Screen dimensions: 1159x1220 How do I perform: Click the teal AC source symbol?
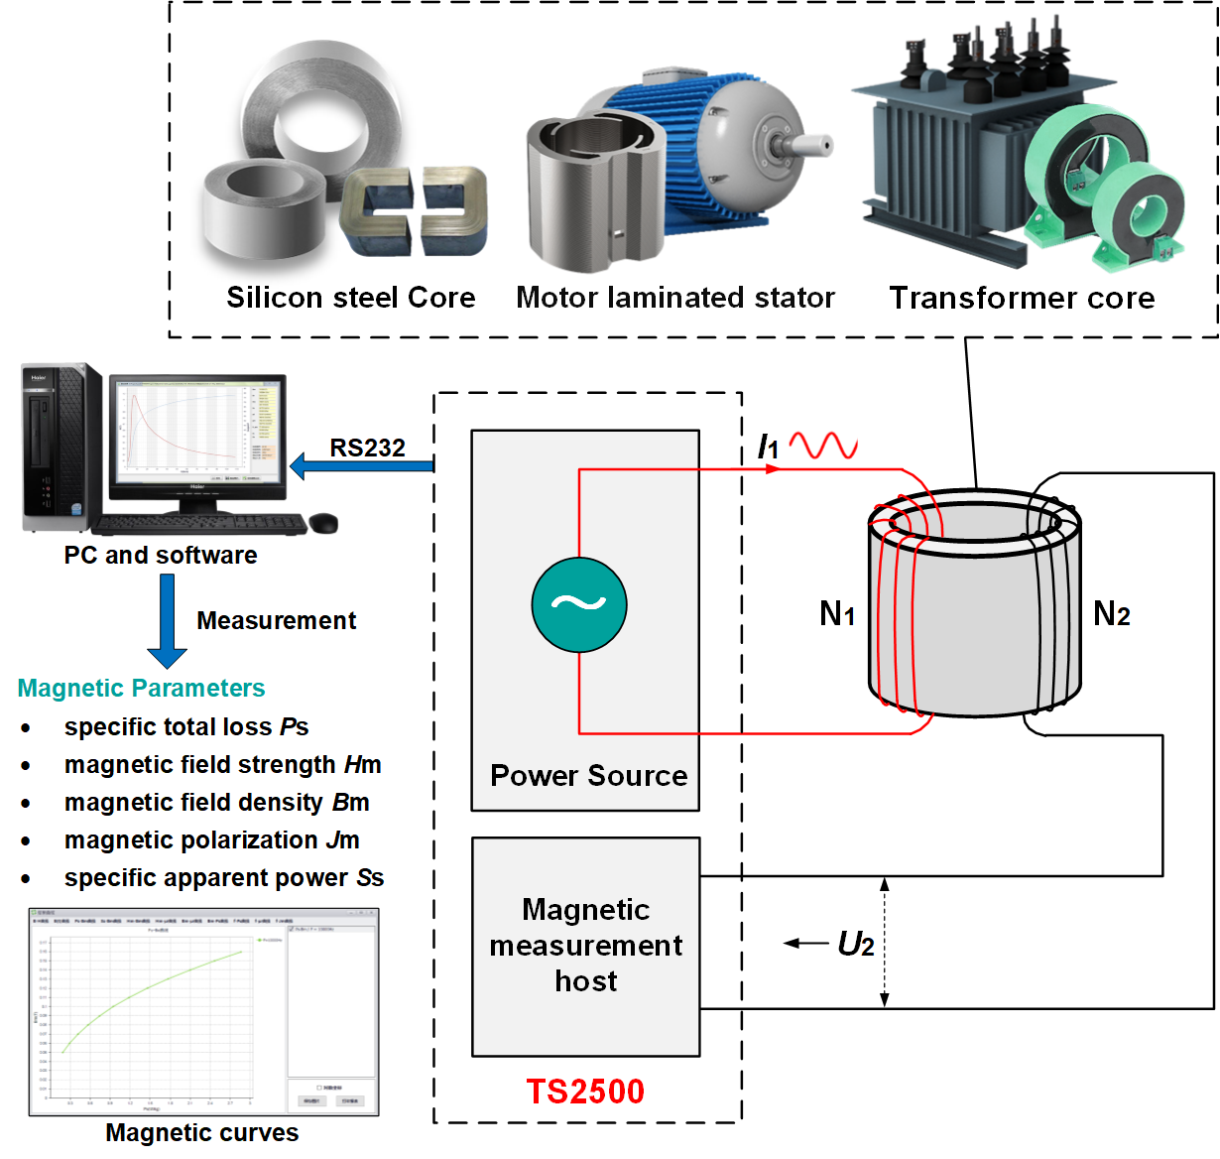click(579, 604)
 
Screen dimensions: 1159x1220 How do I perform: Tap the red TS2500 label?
click(585, 1092)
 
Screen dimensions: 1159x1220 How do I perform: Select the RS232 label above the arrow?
click(367, 448)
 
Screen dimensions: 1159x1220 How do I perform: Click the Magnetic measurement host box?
click(585, 946)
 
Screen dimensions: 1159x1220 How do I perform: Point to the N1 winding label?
click(836, 614)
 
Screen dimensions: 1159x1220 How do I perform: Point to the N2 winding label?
click(1111, 614)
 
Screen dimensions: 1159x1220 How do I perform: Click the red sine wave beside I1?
click(823, 446)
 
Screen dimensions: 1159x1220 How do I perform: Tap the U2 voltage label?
click(855, 944)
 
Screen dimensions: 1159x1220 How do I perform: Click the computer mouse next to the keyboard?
click(323, 522)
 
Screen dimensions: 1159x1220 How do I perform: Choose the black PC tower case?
click(61, 449)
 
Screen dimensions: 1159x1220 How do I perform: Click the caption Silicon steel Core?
click(350, 298)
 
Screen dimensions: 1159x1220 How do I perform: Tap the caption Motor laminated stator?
click(675, 298)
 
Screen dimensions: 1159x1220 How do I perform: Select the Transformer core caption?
click(1022, 298)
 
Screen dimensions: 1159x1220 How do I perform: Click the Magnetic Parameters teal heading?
click(142, 688)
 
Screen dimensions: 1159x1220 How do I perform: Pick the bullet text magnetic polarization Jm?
click(211, 839)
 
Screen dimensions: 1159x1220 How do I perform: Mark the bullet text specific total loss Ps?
click(186, 726)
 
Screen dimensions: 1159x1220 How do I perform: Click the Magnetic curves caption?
click(202, 1132)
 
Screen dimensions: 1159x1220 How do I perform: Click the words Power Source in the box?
click(588, 775)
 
